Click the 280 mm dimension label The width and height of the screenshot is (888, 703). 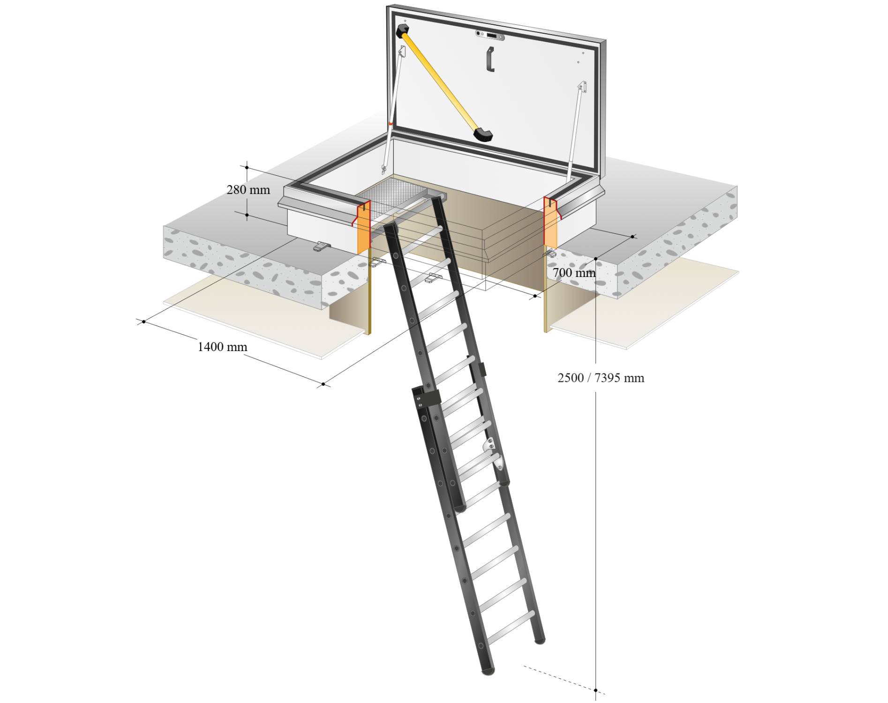click(248, 190)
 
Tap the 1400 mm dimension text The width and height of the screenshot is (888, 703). click(222, 347)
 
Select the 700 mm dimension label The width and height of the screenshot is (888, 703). click(573, 272)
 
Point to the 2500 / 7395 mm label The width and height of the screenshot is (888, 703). click(601, 378)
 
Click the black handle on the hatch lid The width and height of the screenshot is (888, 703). click(490, 59)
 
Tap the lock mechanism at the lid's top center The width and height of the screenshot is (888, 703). click(489, 36)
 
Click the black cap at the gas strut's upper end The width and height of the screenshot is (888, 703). click(402, 31)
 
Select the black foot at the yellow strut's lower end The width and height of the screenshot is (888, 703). click(483, 134)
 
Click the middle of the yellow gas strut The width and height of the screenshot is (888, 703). click(441, 82)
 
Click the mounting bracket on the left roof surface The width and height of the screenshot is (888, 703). click(321, 246)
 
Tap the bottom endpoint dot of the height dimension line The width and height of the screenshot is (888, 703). click(595, 690)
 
